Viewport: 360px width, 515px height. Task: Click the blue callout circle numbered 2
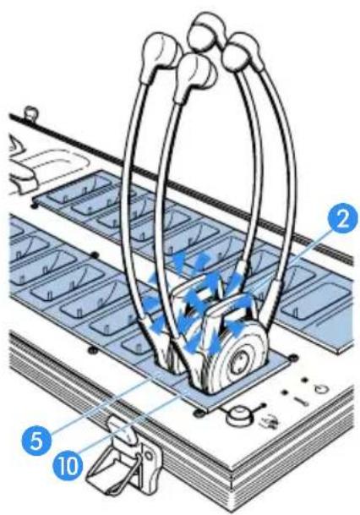click(x=343, y=221)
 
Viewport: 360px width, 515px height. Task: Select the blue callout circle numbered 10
click(x=68, y=466)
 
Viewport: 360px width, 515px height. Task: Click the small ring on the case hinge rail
click(x=32, y=112)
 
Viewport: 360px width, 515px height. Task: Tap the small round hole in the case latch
click(x=148, y=456)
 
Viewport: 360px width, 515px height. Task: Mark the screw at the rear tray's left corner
click(x=34, y=206)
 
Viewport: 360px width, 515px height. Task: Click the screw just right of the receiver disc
click(x=292, y=358)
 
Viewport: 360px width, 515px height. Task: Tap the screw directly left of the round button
click(x=199, y=412)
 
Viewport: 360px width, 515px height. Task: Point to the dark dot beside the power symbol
click(x=305, y=379)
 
